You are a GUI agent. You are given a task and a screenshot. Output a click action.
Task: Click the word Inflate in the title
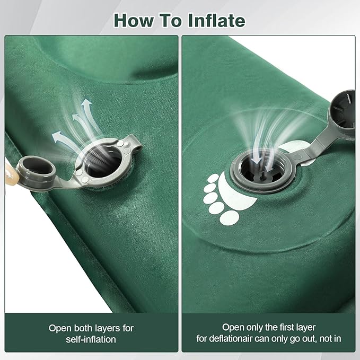point(216,21)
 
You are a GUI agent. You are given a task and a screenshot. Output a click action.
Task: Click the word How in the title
point(134,21)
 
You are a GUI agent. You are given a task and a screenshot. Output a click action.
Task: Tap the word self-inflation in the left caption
point(91,339)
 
